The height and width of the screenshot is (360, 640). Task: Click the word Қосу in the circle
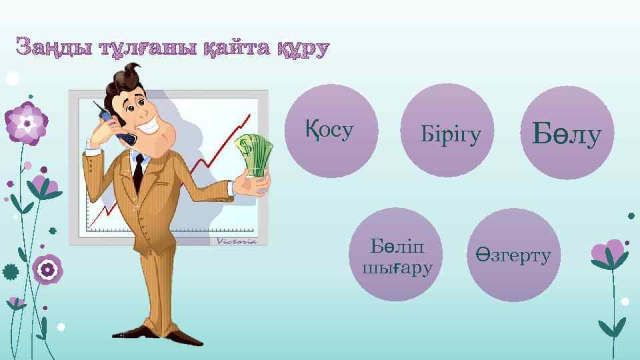(329, 130)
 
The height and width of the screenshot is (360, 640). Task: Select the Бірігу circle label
(451, 135)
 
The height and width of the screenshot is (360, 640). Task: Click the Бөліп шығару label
(396, 257)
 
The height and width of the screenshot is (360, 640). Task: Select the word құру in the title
(301, 49)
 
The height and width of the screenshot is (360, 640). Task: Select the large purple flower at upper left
(26, 123)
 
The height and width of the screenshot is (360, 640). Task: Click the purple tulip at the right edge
(608, 253)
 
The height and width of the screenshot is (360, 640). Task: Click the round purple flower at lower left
(47, 269)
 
